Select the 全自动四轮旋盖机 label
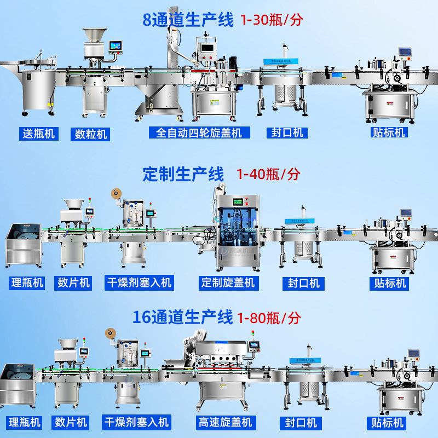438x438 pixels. point(195,132)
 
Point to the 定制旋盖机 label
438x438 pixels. point(228,283)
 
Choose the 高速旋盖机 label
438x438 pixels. point(225,423)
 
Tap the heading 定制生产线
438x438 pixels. point(183,175)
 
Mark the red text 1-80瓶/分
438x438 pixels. point(269,318)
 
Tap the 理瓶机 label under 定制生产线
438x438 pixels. point(27,283)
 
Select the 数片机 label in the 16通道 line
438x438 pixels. point(71,423)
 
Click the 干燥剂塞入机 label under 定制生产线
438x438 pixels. point(138,283)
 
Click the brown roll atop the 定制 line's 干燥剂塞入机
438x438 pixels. point(114,193)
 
